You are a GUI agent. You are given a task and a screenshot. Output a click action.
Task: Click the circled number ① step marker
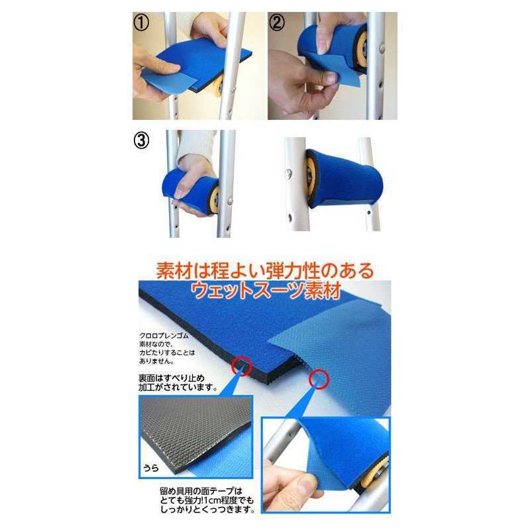tap(141, 23)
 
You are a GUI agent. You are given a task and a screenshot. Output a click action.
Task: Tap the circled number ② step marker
tap(276, 23)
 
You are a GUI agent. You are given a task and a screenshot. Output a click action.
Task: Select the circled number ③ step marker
tap(141, 140)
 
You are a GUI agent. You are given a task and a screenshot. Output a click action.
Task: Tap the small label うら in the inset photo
tap(151, 468)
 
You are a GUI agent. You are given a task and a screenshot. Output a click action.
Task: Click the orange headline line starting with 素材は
tap(265, 271)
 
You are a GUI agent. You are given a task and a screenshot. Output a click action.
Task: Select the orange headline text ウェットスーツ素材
tap(266, 291)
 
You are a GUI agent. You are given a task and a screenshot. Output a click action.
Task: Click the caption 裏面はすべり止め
tap(172, 378)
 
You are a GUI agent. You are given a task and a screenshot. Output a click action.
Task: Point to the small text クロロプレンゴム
tap(164, 336)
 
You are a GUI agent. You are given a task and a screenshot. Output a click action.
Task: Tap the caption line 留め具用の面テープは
tap(201, 491)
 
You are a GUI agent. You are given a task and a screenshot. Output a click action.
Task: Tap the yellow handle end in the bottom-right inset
tap(372, 476)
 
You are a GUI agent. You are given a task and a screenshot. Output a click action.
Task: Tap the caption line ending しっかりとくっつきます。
tap(207, 509)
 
